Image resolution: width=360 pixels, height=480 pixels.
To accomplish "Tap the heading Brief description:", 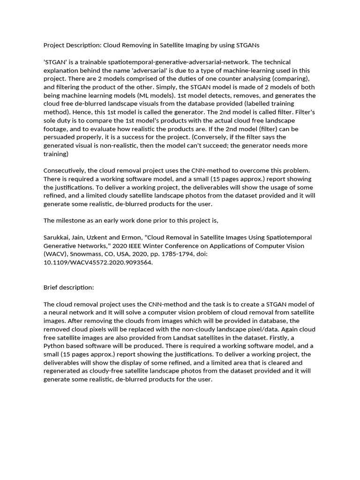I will (69, 287).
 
